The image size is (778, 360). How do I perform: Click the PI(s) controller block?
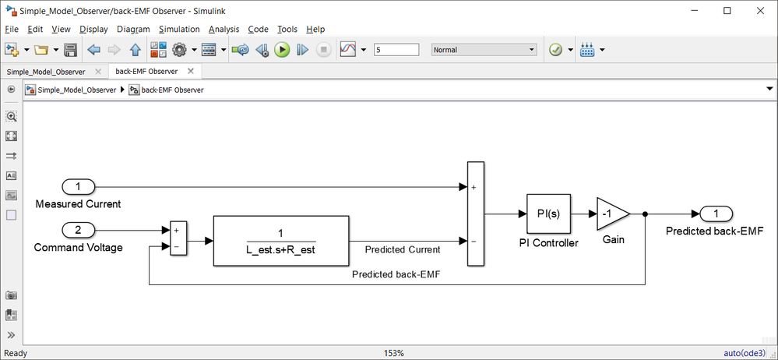point(548,214)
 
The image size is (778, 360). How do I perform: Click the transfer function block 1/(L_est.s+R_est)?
point(280,242)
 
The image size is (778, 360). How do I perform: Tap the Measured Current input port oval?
point(78,187)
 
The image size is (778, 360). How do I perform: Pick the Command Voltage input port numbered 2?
point(78,230)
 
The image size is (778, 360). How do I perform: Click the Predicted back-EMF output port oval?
point(716,214)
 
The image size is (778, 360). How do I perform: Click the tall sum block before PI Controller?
point(475,214)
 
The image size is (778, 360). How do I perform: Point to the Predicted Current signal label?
point(403,249)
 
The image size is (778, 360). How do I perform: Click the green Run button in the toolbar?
point(282,50)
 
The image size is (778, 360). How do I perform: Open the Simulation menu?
point(179,29)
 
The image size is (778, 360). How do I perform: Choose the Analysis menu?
point(224,29)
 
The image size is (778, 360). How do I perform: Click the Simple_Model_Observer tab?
point(46,71)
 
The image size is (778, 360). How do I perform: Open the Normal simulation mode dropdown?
point(484,50)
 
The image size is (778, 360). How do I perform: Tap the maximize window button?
point(727,10)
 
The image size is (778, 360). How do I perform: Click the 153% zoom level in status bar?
point(394,353)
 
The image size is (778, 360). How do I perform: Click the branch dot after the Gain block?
point(646,214)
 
